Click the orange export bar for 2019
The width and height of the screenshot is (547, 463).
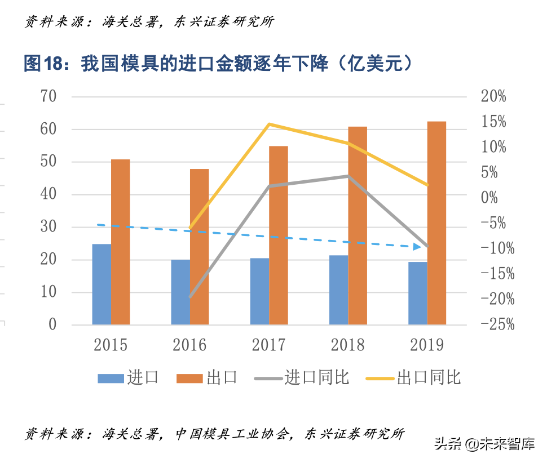[436, 222]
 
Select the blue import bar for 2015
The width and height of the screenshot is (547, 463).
[102, 284]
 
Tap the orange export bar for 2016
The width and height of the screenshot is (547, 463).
[199, 247]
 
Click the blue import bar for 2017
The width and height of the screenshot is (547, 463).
[260, 291]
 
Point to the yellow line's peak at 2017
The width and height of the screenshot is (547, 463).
[270, 124]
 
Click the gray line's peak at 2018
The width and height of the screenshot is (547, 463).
[349, 176]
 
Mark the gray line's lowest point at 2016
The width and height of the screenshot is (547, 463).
[190, 296]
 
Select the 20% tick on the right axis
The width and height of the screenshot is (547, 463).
[493, 96]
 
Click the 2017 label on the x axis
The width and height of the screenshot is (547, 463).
[268, 345]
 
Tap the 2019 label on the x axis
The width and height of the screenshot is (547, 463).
[427, 345]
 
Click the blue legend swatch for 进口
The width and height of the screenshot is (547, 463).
[111, 378]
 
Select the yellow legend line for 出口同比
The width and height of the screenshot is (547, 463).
[379, 378]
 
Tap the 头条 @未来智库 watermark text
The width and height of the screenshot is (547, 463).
[484, 444]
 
